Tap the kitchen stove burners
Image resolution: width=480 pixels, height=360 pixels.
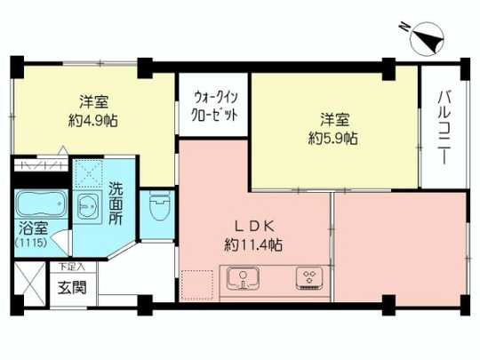click(x=309, y=278)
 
